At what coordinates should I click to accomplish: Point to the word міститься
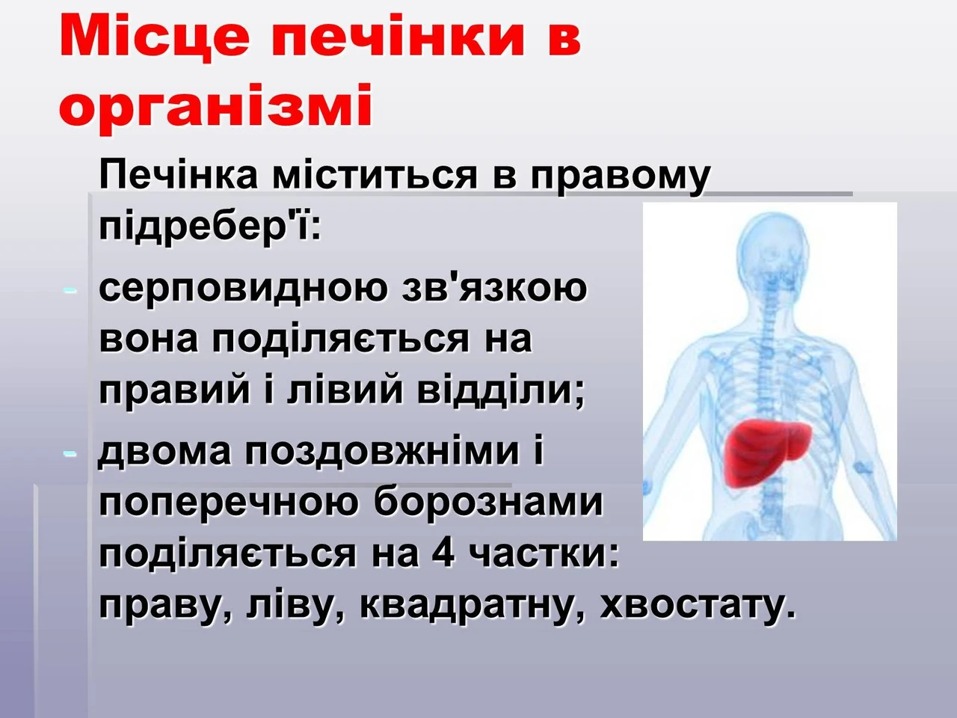(x=375, y=175)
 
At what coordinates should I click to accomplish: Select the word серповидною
(x=243, y=291)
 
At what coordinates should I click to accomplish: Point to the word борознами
(x=488, y=502)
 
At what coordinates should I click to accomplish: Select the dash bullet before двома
(x=70, y=454)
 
